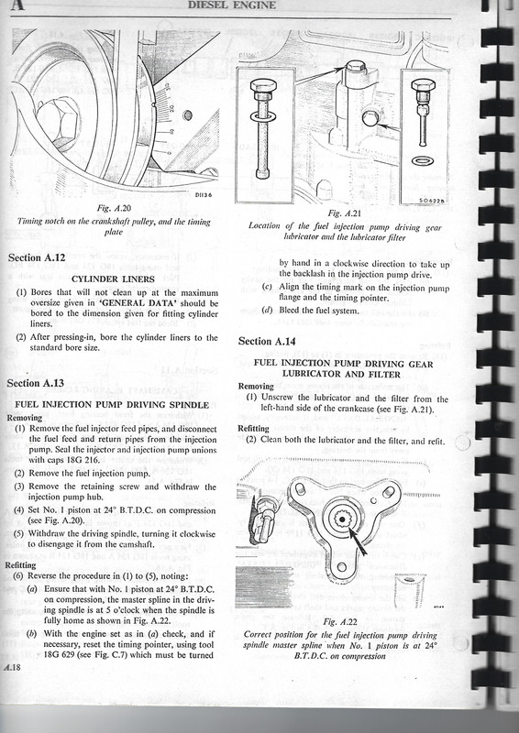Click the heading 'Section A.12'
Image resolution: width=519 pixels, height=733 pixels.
[x=38, y=257]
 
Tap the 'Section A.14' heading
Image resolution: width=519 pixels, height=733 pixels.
[x=269, y=341]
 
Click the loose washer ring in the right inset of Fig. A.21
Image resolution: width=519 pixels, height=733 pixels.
[x=424, y=161]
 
